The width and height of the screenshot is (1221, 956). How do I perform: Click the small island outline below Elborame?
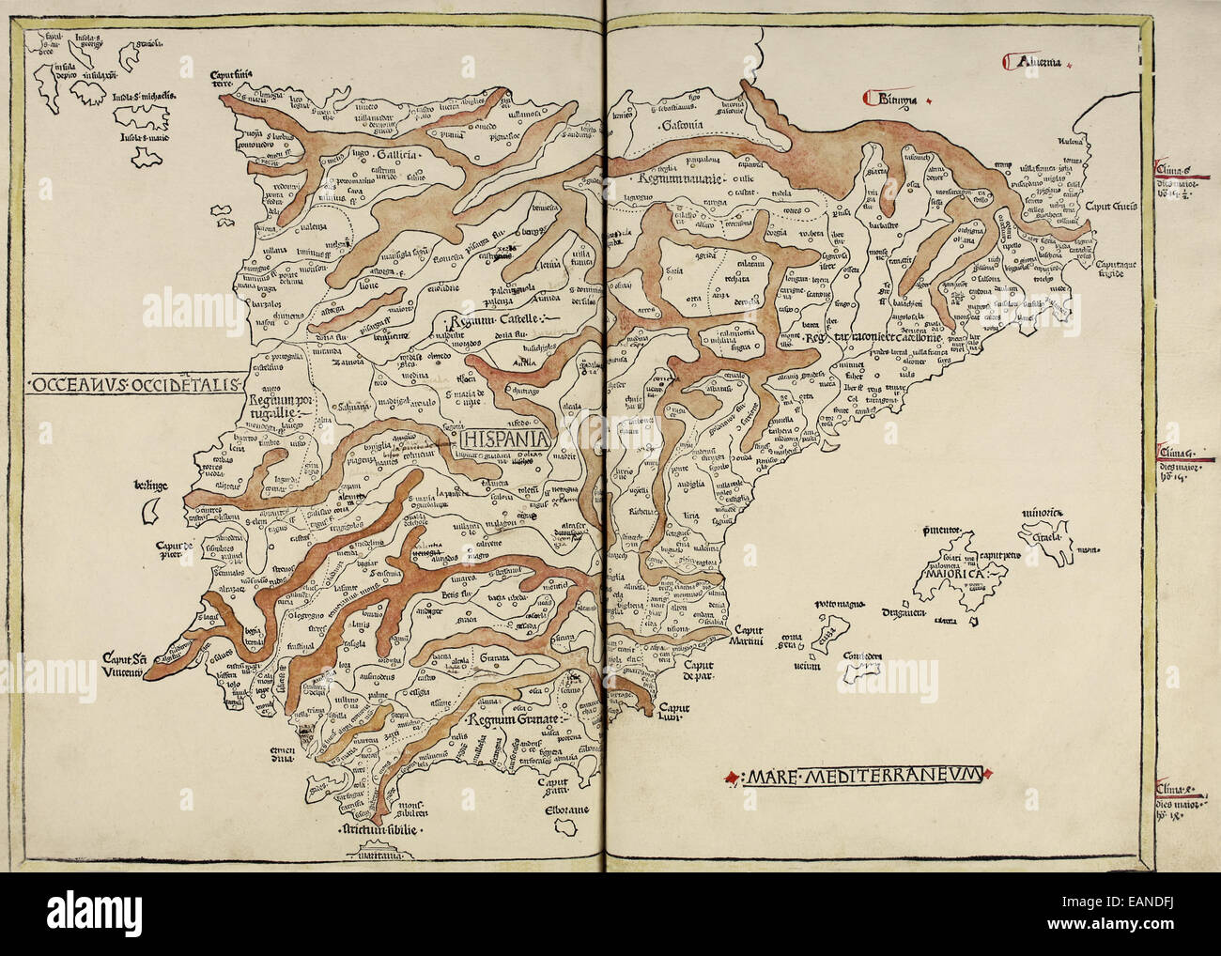tap(568, 825)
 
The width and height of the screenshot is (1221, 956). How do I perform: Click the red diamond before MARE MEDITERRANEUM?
tap(731, 777)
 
